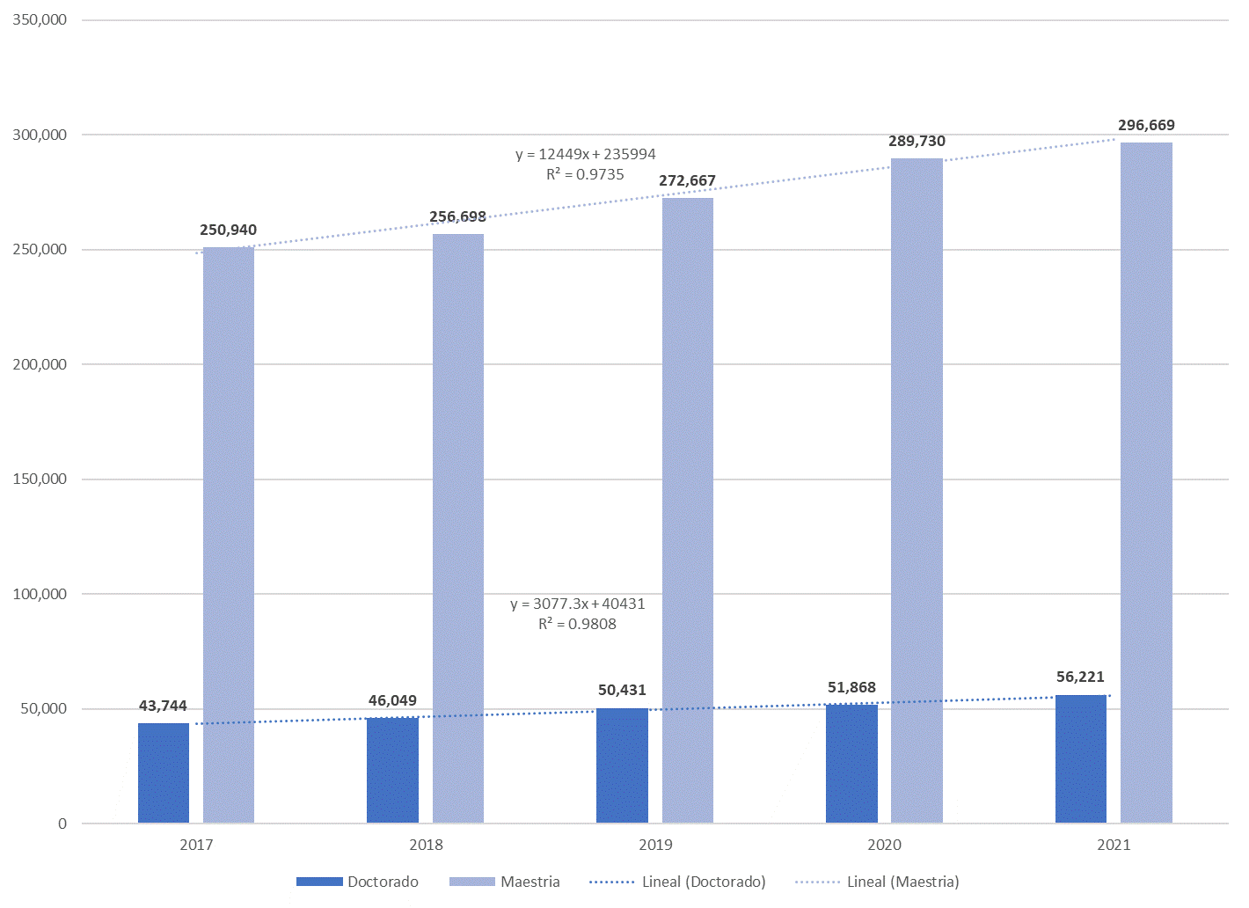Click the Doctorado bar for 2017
[x=164, y=773]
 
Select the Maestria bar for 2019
[x=687, y=510]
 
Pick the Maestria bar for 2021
[x=1146, y=483]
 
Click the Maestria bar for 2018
[x=457, y=528]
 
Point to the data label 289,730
[x=917, y=141]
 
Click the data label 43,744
[x=163, y=706]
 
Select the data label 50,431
[x=622, y=690]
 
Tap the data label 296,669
[x=1146, y=125]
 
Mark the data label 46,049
[x=392, y=700]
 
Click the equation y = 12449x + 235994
[x=585, y=154]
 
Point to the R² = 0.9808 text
[x=577, y=624]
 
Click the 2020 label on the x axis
[x=884, y=845]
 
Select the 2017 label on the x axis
[x=196, y=845]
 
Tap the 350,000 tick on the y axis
[x=40, y=19]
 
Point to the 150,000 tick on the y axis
[x=40, y=479]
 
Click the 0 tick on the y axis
[x=62, y=824]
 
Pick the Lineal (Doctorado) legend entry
[x=677, y=882]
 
